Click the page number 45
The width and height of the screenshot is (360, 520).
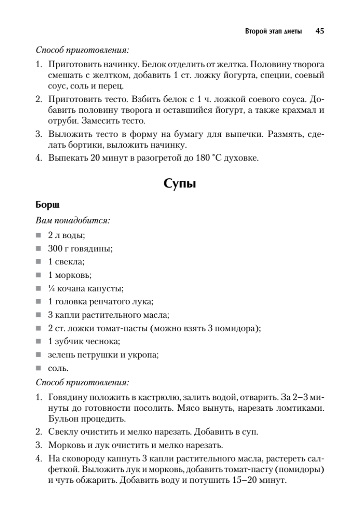[320, 31]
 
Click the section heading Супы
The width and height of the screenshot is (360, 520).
[180, 184]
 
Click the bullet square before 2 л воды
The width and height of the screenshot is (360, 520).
[39, 235]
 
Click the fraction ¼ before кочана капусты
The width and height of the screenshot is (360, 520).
[52, 288]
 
